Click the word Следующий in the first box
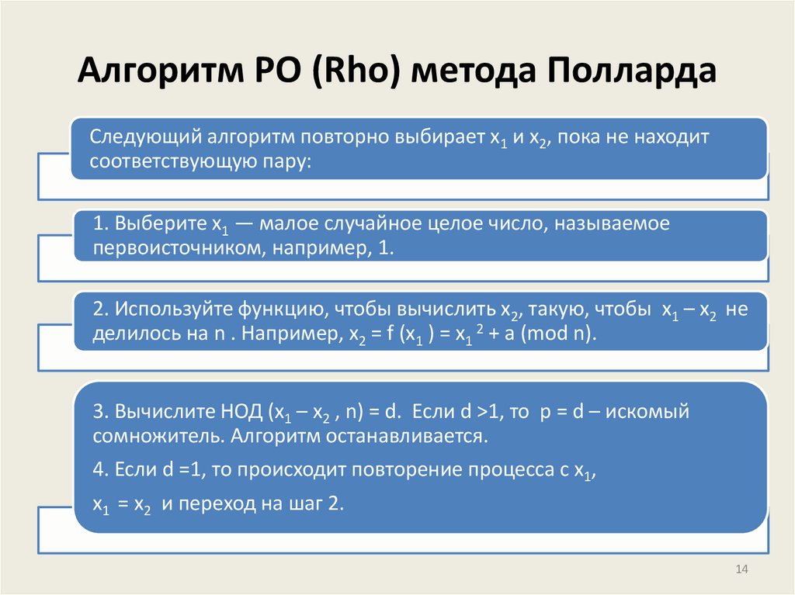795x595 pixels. (x=144, y=138)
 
